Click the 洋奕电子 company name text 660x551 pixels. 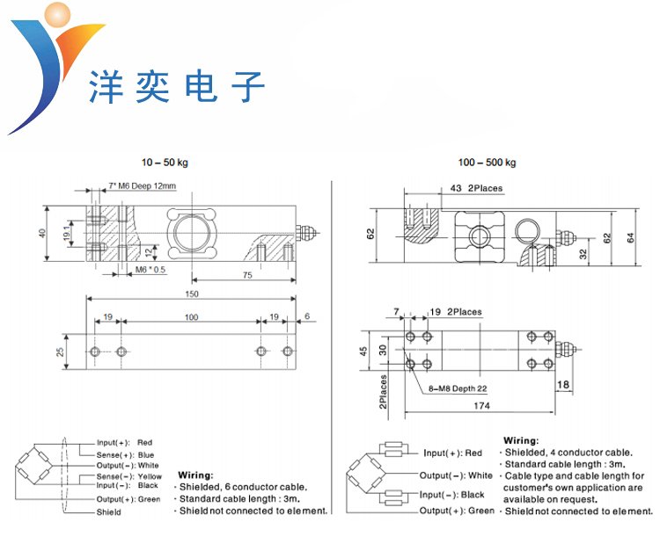[176, 89]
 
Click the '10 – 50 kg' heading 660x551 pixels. [165, 163]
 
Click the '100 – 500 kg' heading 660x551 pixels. [487, 163]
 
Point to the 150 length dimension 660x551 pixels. [192, 294]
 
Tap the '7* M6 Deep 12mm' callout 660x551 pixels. [143, 186]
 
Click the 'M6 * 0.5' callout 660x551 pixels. [150, 270]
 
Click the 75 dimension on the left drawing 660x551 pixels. [247, 275]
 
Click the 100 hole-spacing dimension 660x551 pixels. [190, 317]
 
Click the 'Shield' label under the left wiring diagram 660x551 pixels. [108, 512]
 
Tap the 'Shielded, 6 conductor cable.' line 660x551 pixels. [244, 486]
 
